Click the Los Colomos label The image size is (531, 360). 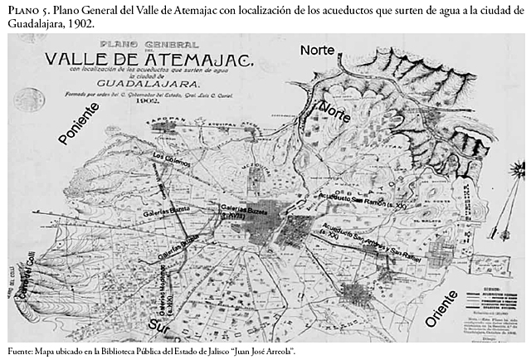171,160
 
